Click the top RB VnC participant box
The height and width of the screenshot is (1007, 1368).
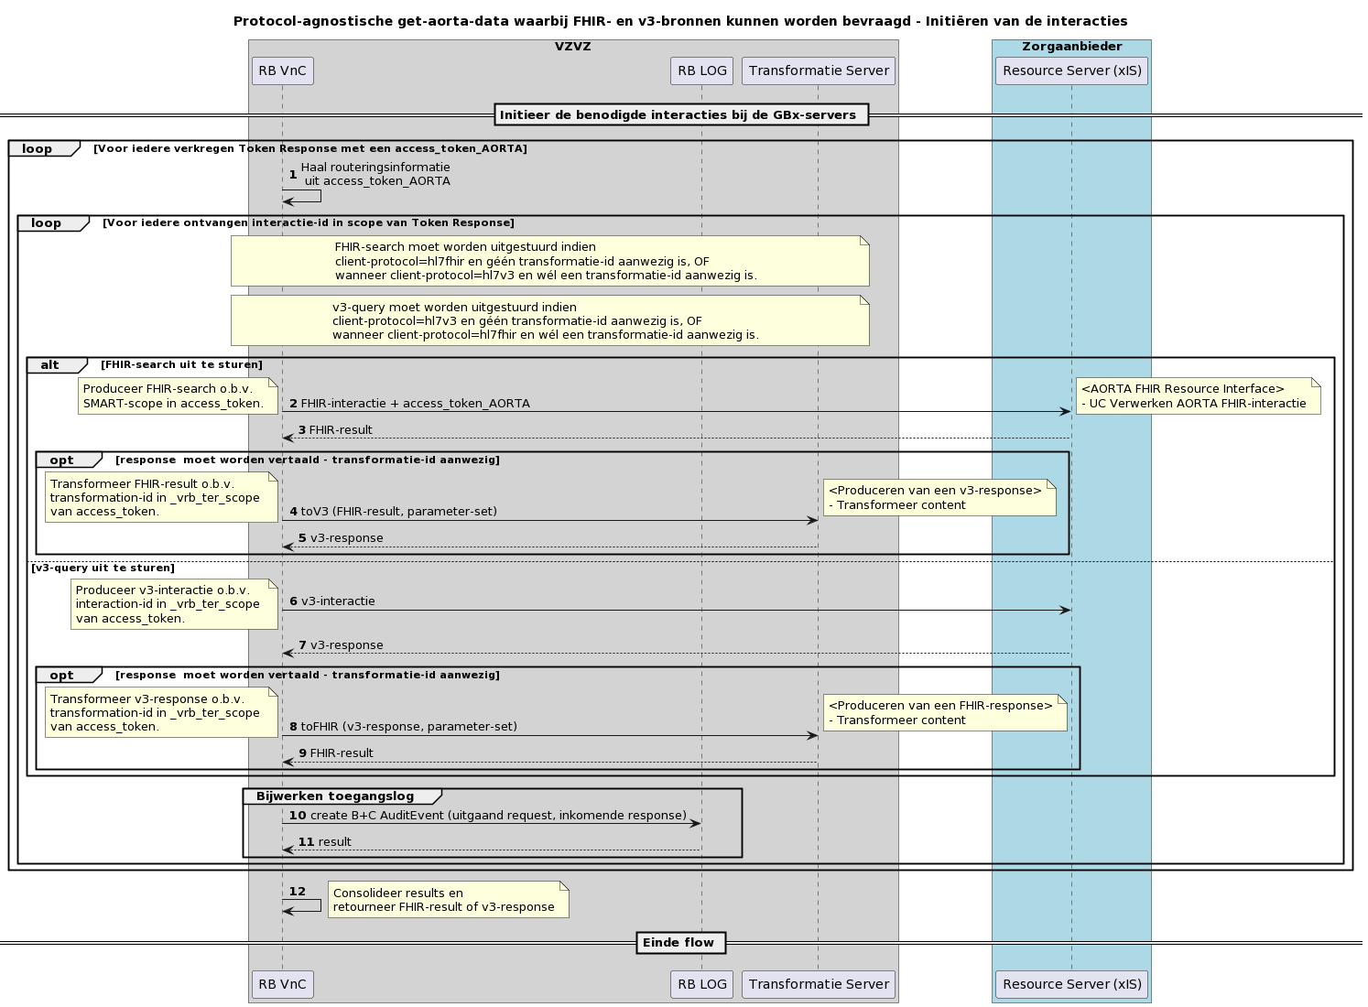pyautogui.click(x=282, y=70)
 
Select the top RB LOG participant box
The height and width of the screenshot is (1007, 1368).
pyautogui.click(x=701, y=70)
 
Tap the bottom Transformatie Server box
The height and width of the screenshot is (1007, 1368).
pyautogui.click(x=819, y=984)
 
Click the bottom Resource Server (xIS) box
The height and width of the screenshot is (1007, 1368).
pyautogui.click(x=1071, y=984)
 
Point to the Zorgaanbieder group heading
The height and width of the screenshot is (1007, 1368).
pyautogui.click(x=1071, y=47)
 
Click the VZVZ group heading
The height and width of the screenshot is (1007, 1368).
pyautogui.click(x=573, y=47)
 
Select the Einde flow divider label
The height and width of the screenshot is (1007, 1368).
pyautogui.click(x=679, y=942)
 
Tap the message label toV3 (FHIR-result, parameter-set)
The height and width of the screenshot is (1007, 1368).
pyautogui.click(x=398, y=512)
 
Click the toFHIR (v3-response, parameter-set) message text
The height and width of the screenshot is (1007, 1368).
pyautogui.click(x=408, y=727)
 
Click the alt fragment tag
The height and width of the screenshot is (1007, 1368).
pyautogui.click(x=50, y=365)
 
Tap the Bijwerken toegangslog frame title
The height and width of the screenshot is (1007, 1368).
pyautogui.click(x=335, y=796)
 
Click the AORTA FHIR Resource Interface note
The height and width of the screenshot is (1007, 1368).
pyautogui.click(x=1197, y=396)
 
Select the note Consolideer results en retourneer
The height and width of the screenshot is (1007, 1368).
pyautogui.click(x=448, y=900)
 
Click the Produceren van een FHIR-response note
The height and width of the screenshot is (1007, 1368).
pyautogui.click(x=944, y=713)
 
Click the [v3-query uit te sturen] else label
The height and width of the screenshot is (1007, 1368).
pyautogui.click(x=103, y=568)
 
